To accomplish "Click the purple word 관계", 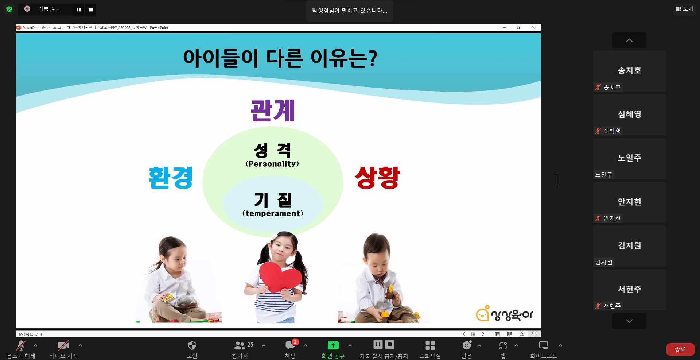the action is [273, 111].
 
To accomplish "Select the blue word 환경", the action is [171, 178].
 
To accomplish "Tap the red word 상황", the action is [377, 178].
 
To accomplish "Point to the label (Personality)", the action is [272, 164].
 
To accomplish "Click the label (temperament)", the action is [273, 213].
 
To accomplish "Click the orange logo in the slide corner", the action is [504, 314].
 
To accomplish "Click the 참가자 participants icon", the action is [240, 345].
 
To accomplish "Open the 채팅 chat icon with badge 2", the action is [291, 345].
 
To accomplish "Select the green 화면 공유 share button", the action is [333, 345].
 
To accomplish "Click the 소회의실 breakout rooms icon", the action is [430, 345].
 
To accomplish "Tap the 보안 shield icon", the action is [192, 345].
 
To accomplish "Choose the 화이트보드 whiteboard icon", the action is [544, 345].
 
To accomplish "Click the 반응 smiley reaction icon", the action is [467, 345].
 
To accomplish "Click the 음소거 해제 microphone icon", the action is [21, 345].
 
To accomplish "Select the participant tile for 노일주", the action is [630, 159].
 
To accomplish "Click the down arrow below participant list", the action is [629, 321].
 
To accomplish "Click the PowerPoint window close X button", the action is [533, 27].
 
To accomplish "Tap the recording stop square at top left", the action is [91, 9].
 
